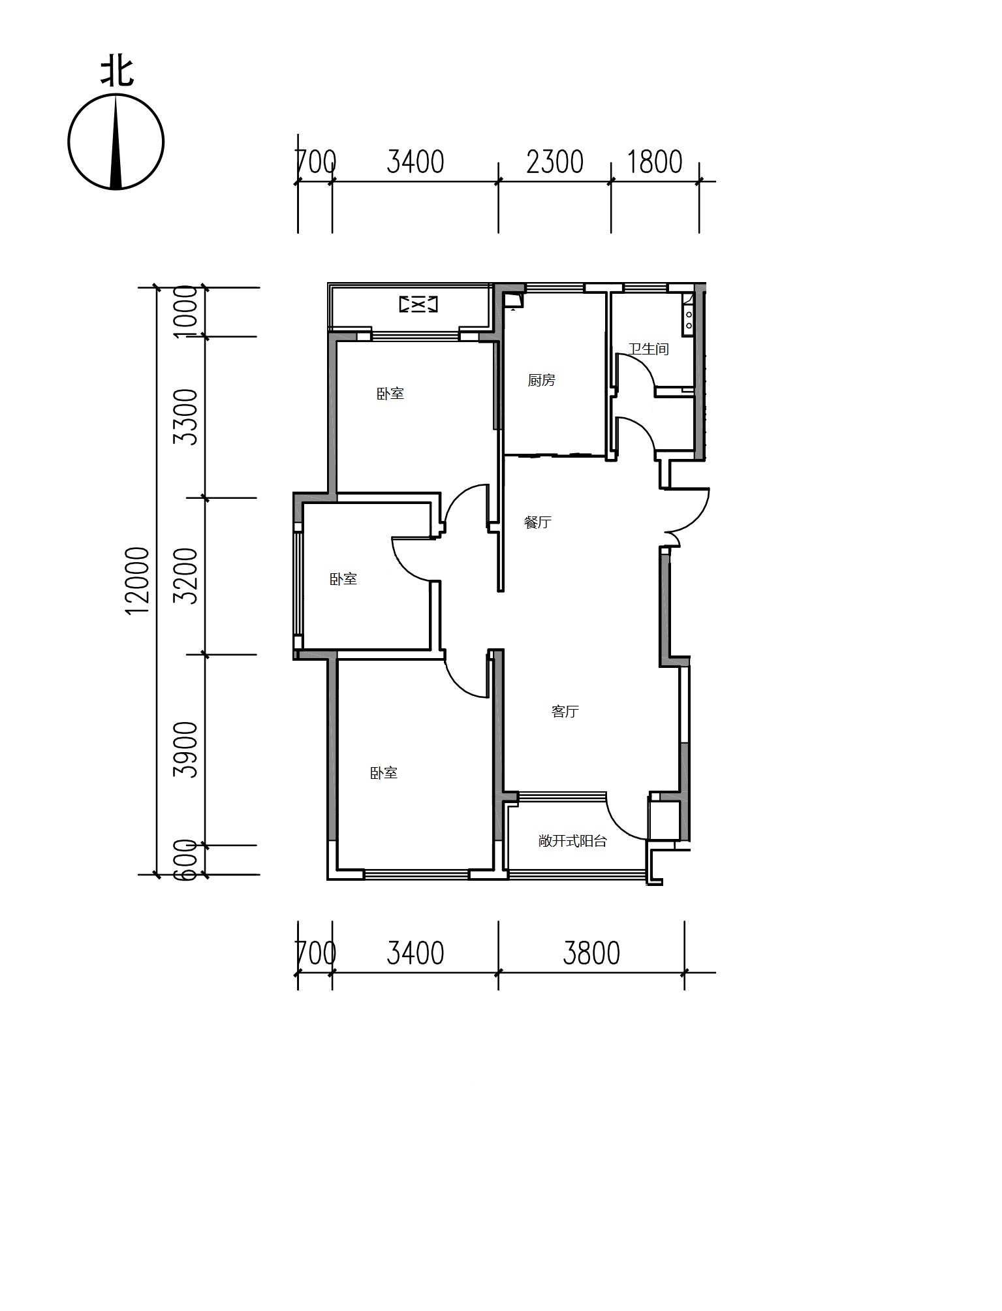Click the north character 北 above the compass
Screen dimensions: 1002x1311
click(x=117, y=72)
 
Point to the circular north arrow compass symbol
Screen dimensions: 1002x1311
click(x=116, y=142)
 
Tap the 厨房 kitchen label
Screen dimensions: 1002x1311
click(x=542, y=380)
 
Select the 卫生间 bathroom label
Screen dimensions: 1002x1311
click(x=648, y=349)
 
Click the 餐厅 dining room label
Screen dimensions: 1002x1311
click(x=538, y=522)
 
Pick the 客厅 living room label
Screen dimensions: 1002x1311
click(x=565, y=712)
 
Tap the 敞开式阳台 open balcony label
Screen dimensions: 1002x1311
click(x=572, y=841)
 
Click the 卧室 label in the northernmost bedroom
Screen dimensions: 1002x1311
click(x=390, y=394)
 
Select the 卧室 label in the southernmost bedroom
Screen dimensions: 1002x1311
click(x=384, y=773)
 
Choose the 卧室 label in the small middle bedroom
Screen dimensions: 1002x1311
click(x=343, y=579)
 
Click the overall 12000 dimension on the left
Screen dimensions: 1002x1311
click(x=138, y=580)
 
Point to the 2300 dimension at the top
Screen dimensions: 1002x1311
click(x=555, y=162)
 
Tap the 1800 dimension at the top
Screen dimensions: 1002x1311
click(x=655, y=162)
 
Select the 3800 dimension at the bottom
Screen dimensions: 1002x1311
click(x=591, y=953)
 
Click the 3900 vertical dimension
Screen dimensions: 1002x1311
click(x=187, y=750)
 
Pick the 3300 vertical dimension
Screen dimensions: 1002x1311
click(x=187, y=417)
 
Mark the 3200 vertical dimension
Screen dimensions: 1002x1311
click(x=187, y=576)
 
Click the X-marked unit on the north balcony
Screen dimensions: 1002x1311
click(x=418, y=304)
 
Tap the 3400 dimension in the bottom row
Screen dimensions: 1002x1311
click(x=415, y=953)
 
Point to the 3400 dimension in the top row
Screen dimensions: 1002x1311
click(x=415, y=162)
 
